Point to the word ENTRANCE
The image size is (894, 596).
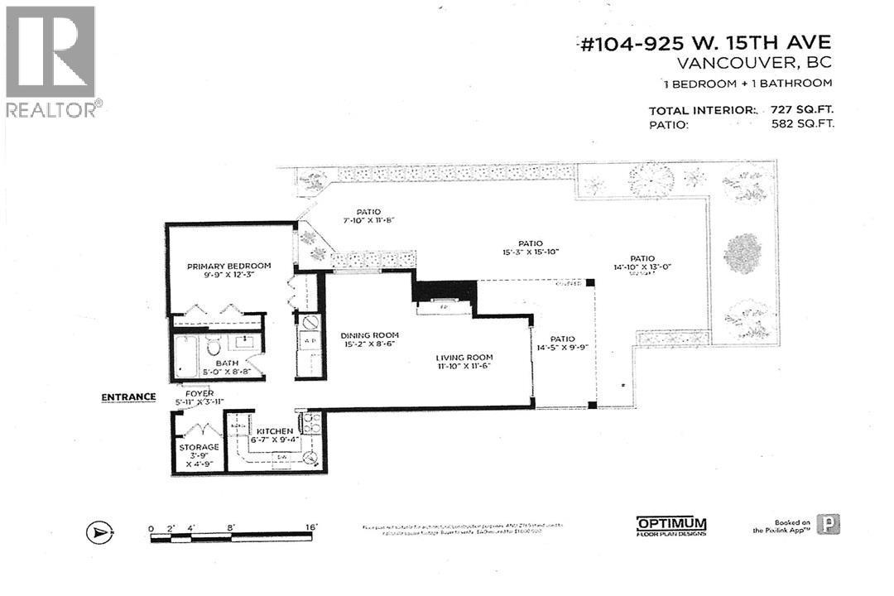tap(128, 397)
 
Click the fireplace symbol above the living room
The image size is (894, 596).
tap(445, 307)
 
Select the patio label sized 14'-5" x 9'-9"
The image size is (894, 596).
tap(561, 344)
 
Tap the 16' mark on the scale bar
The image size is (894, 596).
tap(311, 526)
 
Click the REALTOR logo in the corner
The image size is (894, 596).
tap(51, 62)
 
